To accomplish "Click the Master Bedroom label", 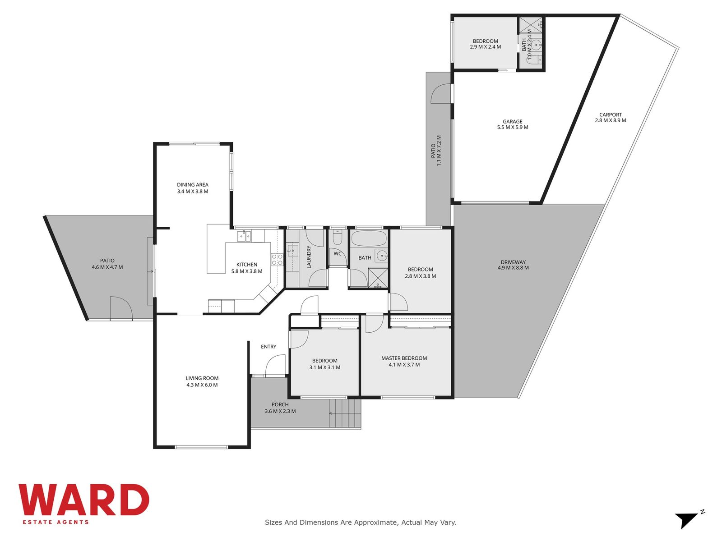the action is [x=404, y=358].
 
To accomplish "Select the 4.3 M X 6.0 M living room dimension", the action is [x=202, y=385].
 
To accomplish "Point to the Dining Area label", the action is [x=193, y=184].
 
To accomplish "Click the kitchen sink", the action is [x=244, y=236].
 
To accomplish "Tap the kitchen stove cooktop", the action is [x=277, y=260].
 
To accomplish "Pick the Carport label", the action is [x=611, y=115].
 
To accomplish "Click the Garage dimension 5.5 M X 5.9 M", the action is [x=513, y=127].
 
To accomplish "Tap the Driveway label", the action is [x=513, y=262].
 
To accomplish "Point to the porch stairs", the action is [x=345, y=413].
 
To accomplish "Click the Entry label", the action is [x=268, y=347].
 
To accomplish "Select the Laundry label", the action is [x=309, y=257].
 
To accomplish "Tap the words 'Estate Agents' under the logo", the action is [x=56, y=522].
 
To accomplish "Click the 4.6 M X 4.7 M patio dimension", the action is [x=107, y=267].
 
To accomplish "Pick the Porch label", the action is [x=280, y=405].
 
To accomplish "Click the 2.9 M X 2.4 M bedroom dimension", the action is [x=485, y=46].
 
